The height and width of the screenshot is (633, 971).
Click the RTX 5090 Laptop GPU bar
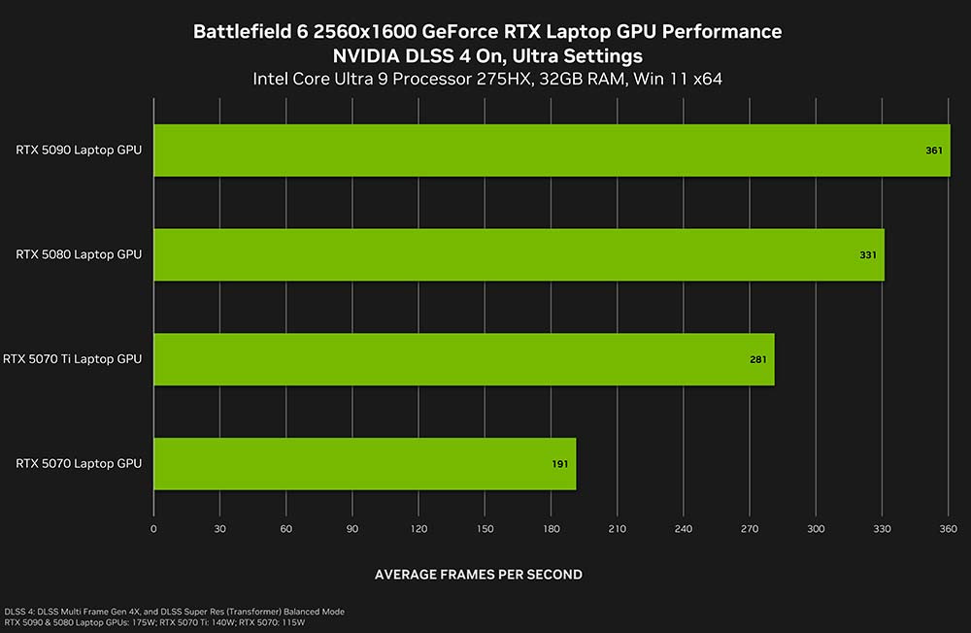pyautogui.click(x=552, y=150)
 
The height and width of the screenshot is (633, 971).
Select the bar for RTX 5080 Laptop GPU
pyautogui.click(x=519, y=255)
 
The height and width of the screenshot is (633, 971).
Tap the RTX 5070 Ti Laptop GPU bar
pyautogui.click(x=464, y=359)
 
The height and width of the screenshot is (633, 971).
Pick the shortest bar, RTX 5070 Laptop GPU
pyautogui.click(x=364, y=464)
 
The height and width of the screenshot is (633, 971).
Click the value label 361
pyautogui.click(x=935, y=151)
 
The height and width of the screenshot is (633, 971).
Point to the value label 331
pyautogui.click(x=868, y=255)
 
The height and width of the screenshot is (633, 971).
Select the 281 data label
pyautogui.click(x=758, y=360)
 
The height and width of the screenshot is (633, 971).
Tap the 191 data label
pyautogui.click(x=560, y=464)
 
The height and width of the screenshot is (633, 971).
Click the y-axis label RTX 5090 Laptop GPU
pyautogui.click(x=79, y=150)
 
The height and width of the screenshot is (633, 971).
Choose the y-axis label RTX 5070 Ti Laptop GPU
pyautogui.click(x=72, y=359)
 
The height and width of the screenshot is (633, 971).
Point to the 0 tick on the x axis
pyautogui.click(x=153, y=529)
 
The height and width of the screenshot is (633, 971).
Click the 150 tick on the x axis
pyautogui.click(x=485, y=529)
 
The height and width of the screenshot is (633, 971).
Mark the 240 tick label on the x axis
pyautogui.click(x=683, y=529)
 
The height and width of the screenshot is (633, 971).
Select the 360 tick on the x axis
pyautogui.click(x=948, y=529)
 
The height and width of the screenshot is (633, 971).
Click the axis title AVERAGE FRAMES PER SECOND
pyautogui.click(x=479, y=575)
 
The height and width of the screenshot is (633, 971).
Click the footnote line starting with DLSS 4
pyautogui.click(x=174, y=611)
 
